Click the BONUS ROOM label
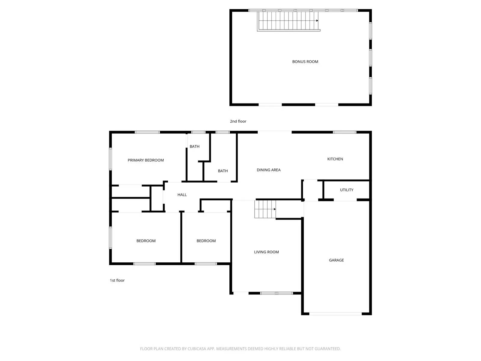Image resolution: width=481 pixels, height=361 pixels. click(x=305, y=62)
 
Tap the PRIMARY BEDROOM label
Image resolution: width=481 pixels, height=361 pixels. click(x=146, y=160)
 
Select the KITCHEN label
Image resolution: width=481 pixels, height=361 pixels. click(x=335, y=159)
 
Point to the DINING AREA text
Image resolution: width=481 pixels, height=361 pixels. click(x=268, y=170)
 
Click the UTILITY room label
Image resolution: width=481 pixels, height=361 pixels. click(x=347, y=190)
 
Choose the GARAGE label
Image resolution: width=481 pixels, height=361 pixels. click(x=336, y=260)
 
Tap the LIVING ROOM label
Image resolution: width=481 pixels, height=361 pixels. click(x=266, y=252)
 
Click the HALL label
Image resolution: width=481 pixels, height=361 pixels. click(x=182, y=195)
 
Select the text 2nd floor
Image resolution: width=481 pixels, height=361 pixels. click(x=238, y=122)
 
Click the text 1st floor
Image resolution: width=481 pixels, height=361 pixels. click(x=117, y=280)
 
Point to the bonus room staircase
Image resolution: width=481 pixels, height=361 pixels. click(x=288, y=20)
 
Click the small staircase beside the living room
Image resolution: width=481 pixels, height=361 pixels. click(x=265, y=209)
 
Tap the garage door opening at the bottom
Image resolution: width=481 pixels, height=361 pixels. click(x=335, y=314)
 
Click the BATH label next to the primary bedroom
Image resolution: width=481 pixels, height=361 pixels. click(x=195, y=147)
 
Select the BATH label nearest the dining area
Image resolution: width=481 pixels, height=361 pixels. click(x=223, y=171)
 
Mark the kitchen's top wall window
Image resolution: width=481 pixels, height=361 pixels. click(x=345, y=132)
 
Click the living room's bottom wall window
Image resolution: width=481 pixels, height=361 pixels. click(x=276, y=293)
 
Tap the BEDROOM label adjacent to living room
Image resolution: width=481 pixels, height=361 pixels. click(x=206, y=241)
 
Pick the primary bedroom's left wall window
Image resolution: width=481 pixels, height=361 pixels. click(x=110, y=159)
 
